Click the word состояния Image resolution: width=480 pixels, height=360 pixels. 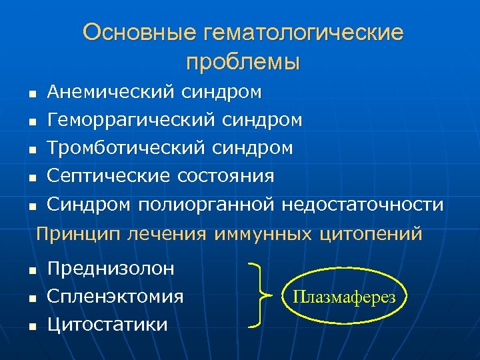coord(226,175)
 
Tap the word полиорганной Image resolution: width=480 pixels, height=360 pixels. coord(207,204)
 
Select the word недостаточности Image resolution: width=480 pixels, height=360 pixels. coord(362,203)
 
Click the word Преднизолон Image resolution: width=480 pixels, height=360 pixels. coord(111,269)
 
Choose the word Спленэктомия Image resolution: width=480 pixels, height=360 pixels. coord(115,296)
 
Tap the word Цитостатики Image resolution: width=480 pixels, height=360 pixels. coord(107,324)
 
